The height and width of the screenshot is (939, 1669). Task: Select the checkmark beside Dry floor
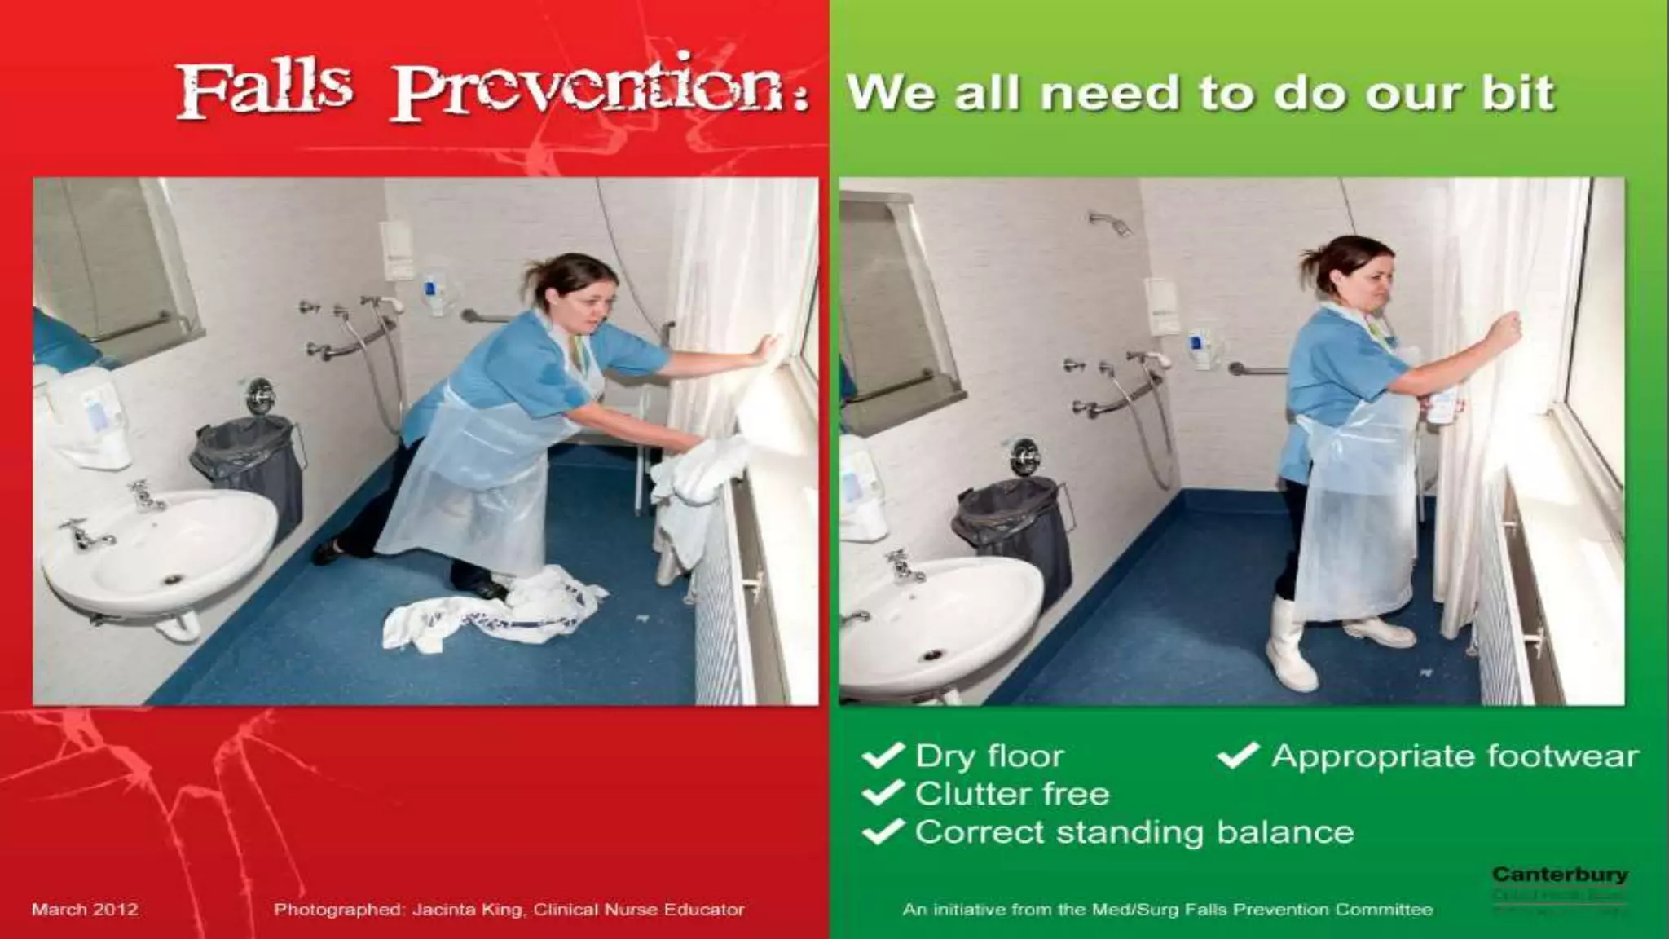pyautogui.click(x=883, y=756)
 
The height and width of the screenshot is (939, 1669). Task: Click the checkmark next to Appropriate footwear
pyautogui.click(x=1238, y=756)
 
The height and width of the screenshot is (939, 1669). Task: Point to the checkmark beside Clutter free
pyautogui.click(x=883, y=793)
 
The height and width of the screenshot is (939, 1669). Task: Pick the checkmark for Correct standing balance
pyautogui.click(x=883, y=831)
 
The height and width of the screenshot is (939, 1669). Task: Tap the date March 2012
pyautogui.click(x=85, y=909)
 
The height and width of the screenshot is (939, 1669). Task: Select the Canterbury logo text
pyautogui.click(x=1560, y=875)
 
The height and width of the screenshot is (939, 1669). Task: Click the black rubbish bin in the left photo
pyautogui.click(x=248, y=469)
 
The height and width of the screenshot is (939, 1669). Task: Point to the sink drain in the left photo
pyautogui.click(x=173, y=579)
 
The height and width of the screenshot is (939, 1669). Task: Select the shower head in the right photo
pyautogui.click(x=1110, y=222)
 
